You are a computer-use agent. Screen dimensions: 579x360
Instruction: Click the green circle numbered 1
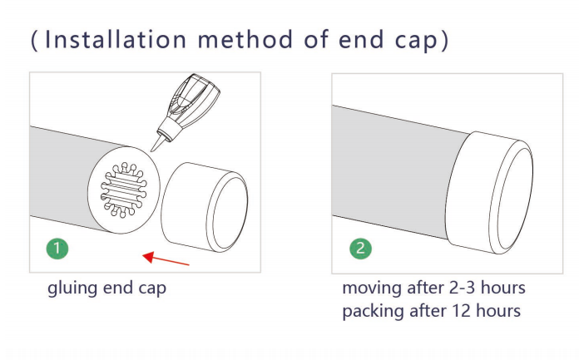pos(57,248)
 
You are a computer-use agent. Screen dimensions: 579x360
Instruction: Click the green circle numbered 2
pos(361,248)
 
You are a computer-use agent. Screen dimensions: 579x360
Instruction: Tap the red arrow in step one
pos(166,259)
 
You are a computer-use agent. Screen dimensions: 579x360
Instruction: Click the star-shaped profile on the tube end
pos(124,190)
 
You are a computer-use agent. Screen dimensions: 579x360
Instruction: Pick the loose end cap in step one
pos(205,207)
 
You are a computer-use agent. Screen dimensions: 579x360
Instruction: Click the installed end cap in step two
pos(489,192)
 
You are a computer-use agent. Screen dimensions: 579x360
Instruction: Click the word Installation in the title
pos(115,39)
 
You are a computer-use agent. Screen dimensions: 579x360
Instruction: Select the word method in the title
pos(245,39)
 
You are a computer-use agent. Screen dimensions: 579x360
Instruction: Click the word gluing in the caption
pos(72,288)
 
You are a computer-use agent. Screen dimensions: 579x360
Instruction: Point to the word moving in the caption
pos(372,288)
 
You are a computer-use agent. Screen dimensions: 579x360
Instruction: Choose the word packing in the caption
pos(373,312)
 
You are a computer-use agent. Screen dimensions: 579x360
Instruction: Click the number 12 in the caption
pos(461,310)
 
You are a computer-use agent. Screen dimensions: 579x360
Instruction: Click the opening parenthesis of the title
pos(34,40)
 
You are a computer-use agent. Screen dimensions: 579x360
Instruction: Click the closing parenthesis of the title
pos(445,40)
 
